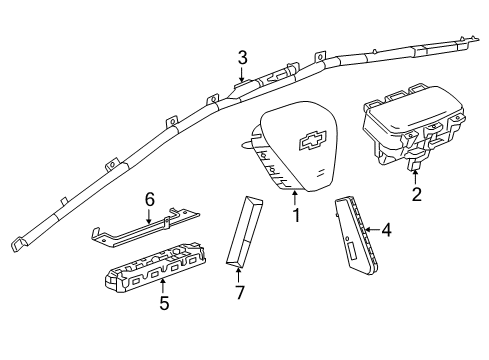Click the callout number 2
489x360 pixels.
pyautogui.click(x=417, y=194)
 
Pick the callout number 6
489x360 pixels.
pyautogui.click(x=149, y=199)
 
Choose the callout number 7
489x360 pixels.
pyautogui.click(x=240, y=292)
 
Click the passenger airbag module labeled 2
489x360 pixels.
pyautogui.click(x=410, y=125)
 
